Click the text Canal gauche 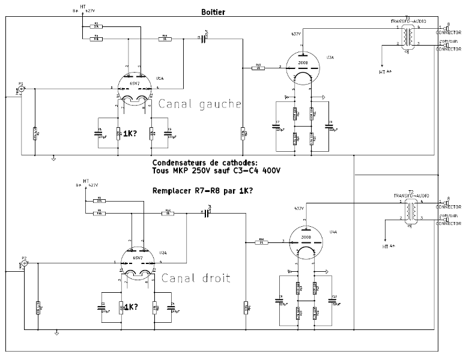(199, 104)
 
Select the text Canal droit (196, 278)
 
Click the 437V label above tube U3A (295, 34)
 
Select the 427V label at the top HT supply (91, 11)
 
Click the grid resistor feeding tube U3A (259, 67)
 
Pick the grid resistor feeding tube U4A (262, 242)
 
